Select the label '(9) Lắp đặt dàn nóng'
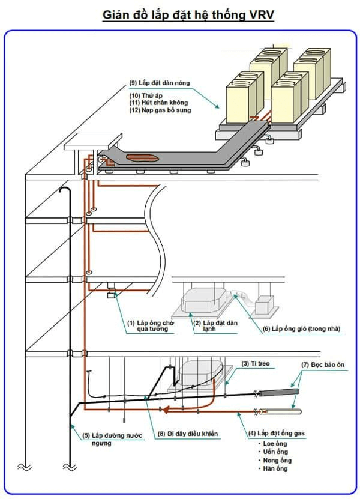coord(160,83)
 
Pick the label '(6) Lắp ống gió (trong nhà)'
coord(298,328)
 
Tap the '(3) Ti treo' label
coord(256,363)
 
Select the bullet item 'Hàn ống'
coord(275,468)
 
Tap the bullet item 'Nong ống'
coord(277,460)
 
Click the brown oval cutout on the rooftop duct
coord(142,159)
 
